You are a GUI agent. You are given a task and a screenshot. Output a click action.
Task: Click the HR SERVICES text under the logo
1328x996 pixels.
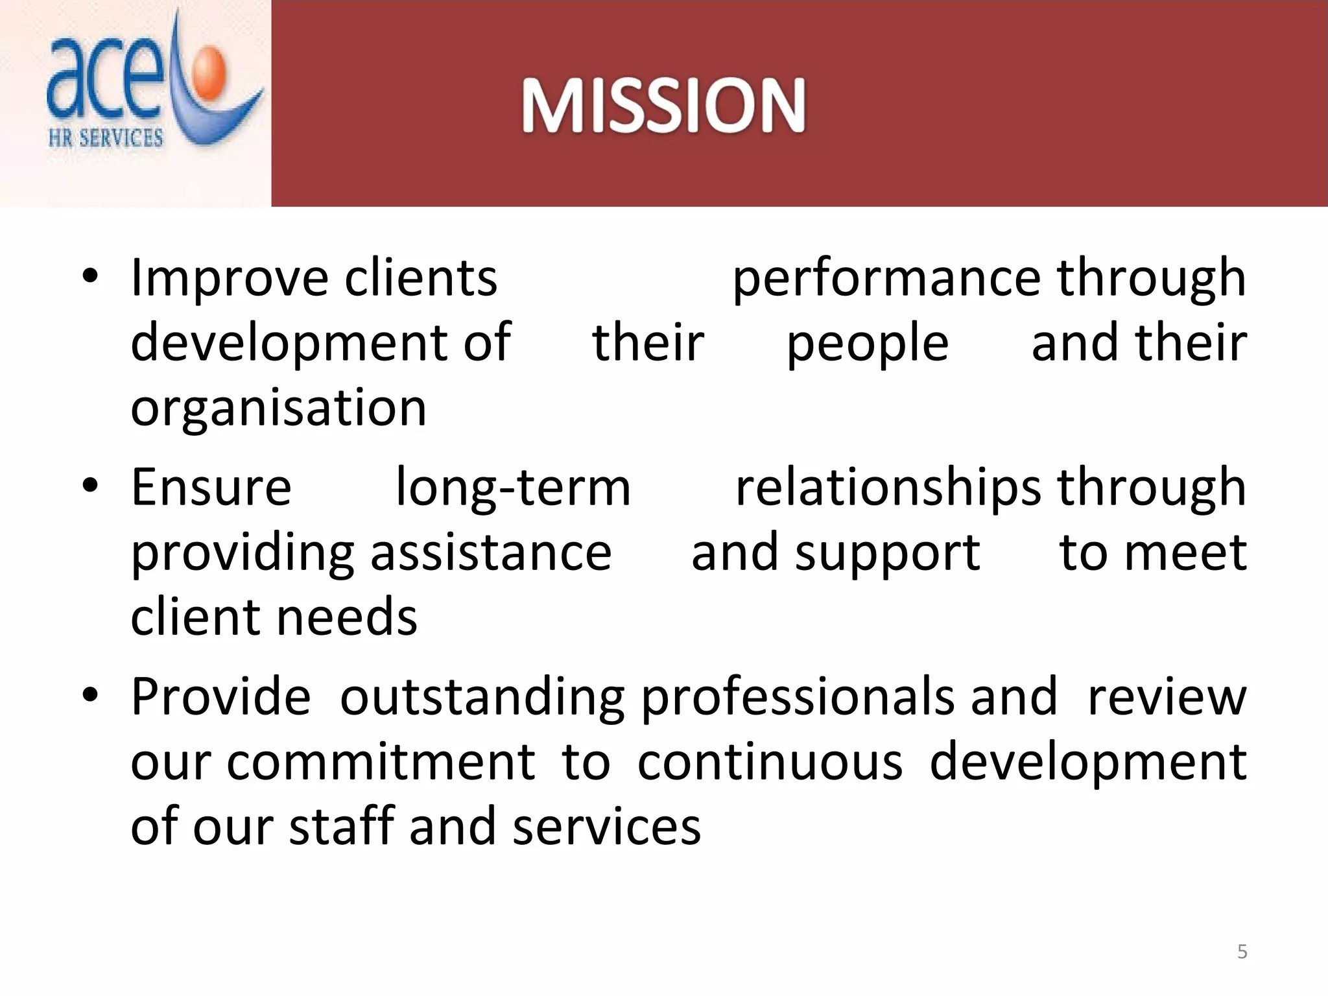106,138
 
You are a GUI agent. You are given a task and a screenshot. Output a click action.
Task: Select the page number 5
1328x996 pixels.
1242,952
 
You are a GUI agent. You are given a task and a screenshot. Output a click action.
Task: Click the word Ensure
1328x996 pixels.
211,488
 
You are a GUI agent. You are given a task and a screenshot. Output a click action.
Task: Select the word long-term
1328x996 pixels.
513,488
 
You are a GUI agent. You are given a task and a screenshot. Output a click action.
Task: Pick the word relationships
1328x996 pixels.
888,488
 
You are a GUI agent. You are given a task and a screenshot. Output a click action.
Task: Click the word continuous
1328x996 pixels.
770,763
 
